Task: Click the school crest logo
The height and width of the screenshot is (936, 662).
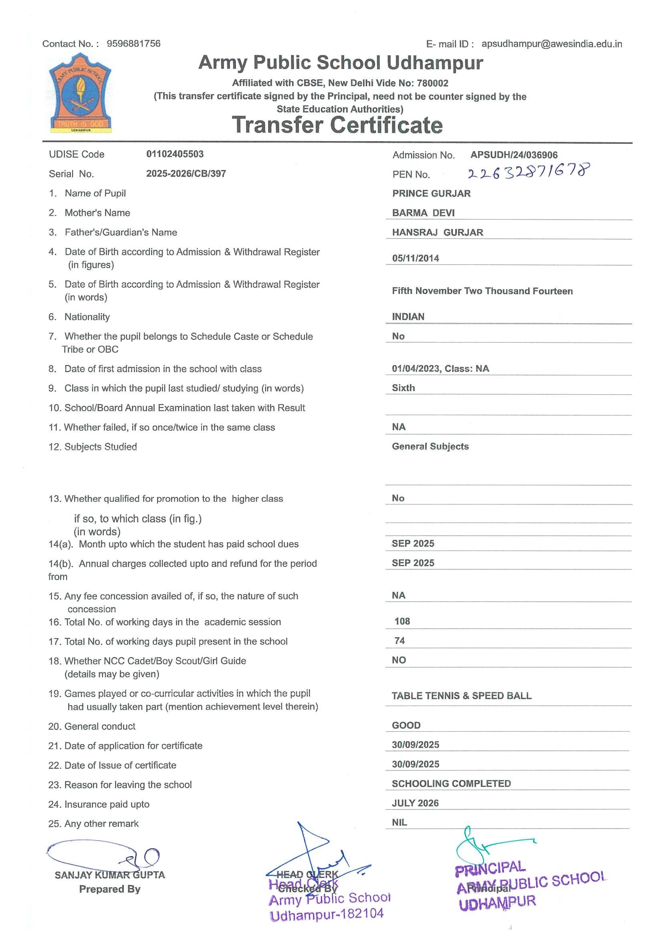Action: pos(80,93)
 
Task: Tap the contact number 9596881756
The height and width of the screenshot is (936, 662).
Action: pos(133,44)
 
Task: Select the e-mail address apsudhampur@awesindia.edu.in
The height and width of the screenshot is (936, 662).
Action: pos(551,44)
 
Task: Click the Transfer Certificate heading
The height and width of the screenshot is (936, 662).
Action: pos(337,125)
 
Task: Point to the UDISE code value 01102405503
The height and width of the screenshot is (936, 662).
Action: pos(175,154)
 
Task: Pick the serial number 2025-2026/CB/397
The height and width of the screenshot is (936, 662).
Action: pos(186,173)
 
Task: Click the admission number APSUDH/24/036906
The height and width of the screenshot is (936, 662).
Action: pos(514,155)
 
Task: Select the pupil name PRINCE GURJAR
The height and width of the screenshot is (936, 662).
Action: pos(431,193)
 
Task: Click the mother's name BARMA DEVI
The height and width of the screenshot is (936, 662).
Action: pos(423,213)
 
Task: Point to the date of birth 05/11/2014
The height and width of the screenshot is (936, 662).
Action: pos(416,258)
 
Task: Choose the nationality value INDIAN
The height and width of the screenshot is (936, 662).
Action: pos(408,317)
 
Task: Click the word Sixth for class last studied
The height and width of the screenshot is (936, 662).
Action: pos(403,388)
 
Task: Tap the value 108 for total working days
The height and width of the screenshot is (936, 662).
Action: pos(402,621)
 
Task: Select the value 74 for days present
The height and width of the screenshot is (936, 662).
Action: pos(400,641)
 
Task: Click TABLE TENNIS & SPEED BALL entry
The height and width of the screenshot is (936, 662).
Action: pos(462,696)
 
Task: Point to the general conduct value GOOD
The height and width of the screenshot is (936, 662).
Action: pos(406,725)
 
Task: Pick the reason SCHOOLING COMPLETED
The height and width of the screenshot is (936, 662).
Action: pos(451,783)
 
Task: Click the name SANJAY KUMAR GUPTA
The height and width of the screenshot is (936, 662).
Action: pos(110,875)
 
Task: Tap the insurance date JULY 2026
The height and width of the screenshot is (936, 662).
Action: pos(415,803)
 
